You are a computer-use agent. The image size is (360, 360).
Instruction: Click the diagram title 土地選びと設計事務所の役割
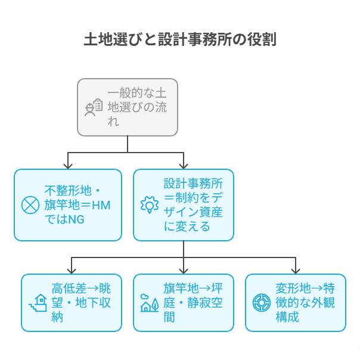click(179, 40)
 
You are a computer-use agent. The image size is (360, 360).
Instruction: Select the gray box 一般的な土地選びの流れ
click(128, 107)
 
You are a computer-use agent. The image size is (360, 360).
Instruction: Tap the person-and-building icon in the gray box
click(93, 107)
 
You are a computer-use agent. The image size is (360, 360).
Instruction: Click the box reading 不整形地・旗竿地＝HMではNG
click(67, 204)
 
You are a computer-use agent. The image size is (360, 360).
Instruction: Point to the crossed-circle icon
click(30, 205)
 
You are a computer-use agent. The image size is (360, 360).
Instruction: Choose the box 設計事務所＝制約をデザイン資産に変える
click(183, 204)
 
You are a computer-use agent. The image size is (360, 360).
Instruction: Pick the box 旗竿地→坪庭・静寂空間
click(183, 302)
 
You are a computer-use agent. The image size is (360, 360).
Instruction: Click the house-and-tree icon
click(148, 303)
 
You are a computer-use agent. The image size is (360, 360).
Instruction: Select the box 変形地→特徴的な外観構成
click(295, 302)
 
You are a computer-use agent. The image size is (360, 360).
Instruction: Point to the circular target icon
click(261, 302)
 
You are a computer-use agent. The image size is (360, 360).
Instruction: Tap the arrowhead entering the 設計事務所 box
click(183, 165)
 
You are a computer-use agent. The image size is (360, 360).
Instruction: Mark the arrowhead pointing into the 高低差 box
click(72, 269)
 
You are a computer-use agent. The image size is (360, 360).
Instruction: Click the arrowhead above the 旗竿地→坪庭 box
click(183, 269)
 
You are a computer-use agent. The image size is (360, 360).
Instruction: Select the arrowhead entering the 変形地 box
click(295, 269)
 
